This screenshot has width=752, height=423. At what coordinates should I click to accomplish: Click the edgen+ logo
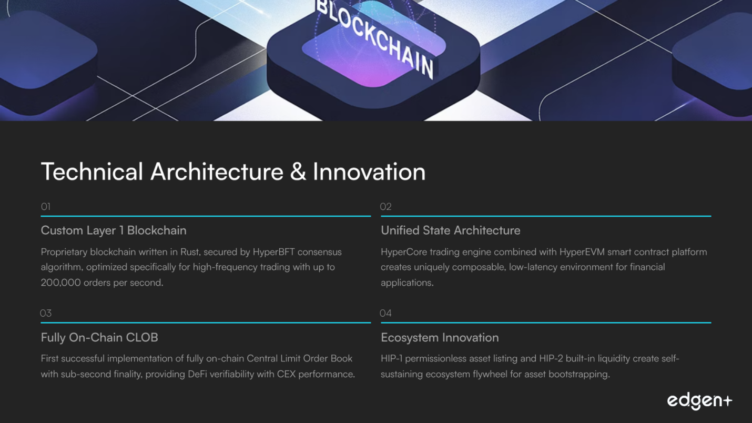coord(699,401)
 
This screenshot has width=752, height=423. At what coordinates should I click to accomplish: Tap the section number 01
coord(46,207)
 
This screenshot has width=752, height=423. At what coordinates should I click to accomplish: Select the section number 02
coord(386,207)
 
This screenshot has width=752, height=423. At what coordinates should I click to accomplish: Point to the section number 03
coord(46,313)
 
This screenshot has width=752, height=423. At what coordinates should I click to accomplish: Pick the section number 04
coord(386,313)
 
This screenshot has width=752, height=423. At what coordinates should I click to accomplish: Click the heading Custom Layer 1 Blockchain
coord(114,230)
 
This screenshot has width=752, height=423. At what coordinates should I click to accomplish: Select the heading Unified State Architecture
coord(451,230)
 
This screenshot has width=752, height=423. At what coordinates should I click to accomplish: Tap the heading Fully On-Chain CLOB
coord(99,337)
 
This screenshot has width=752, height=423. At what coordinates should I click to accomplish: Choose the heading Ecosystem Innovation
coord(440,337)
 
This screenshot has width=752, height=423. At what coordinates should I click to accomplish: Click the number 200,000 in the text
coord(61,283)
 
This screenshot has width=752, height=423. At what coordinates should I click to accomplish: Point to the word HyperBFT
coord(273,252)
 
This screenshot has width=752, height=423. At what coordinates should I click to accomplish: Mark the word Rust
coord(191,252)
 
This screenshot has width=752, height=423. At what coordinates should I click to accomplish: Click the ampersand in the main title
coord(298,172)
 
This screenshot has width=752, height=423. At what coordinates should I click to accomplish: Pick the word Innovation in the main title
coord(369,172)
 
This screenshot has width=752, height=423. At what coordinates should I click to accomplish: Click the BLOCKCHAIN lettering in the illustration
coord(374,37)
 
